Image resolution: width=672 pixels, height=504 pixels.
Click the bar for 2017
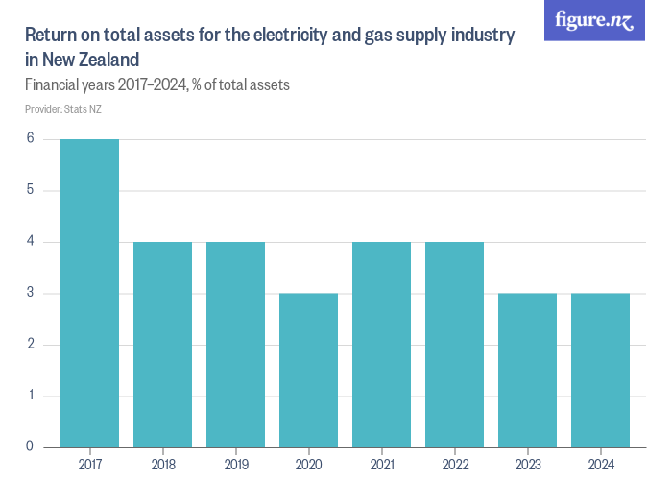(x=89, y=293)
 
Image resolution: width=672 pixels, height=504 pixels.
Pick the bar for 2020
(x=308, y=370)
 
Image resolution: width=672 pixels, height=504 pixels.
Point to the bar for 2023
(x=527, y=370)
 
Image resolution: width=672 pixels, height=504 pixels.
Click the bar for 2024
(x=600, y=370)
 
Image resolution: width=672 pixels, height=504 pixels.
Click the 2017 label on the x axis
(x=89, y=464)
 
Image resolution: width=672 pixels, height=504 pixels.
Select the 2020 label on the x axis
(x=308, y=464)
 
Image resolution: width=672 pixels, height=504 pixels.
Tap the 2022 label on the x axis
(x=454, y=464)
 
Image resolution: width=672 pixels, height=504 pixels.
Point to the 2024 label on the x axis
(x=600, y=464)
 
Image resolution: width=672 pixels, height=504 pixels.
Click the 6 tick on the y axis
(x=30, y=138)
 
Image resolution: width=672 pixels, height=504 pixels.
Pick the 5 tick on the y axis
(x=30, y=190)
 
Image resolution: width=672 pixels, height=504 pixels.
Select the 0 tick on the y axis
(x=30, y=446)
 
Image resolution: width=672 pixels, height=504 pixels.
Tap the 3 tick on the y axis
(x=30, y=293)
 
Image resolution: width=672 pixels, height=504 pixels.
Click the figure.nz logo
(x=594, y=20)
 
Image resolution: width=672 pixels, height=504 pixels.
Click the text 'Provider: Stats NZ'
(x=63, y=109)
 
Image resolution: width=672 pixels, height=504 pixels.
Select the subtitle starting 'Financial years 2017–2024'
(x=157, y=85)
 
